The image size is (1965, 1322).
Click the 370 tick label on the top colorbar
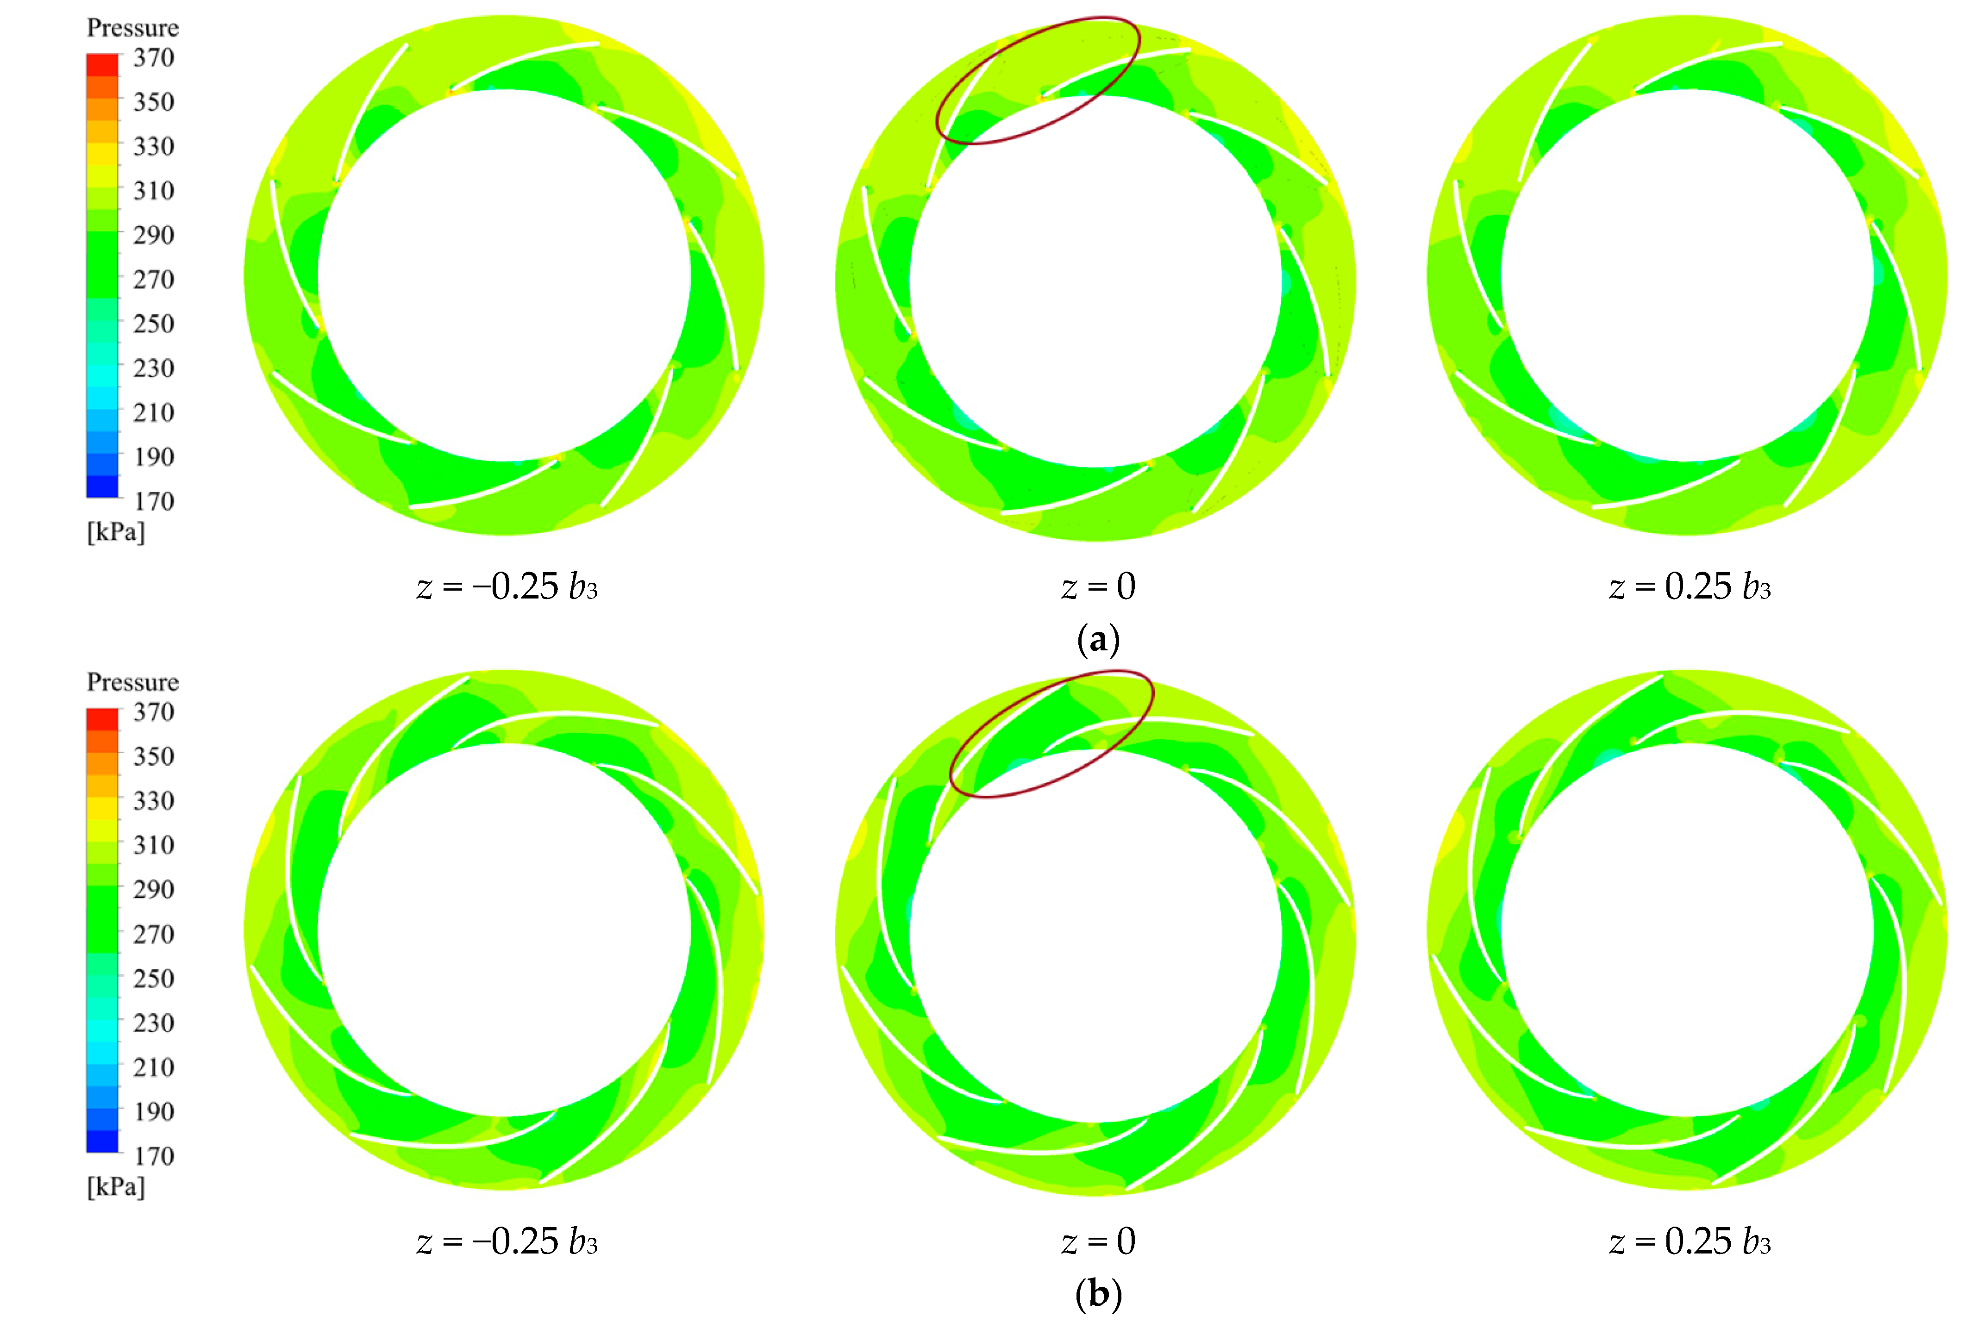(154, 58)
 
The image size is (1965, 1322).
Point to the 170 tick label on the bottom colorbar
(154, 1156)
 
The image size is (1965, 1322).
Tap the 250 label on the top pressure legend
(154, 324)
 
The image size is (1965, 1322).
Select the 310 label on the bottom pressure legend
(154, 845)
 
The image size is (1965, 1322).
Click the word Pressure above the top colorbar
(132, 28)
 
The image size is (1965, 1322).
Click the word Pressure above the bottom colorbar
(132, 682)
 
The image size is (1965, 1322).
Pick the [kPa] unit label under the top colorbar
(116, 532)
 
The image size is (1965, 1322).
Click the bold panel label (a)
(1098, 640)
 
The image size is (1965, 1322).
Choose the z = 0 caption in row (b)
(1098, 1241)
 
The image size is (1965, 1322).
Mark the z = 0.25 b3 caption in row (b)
(1689, 1241)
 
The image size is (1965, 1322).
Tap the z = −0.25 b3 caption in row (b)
(507, 1241)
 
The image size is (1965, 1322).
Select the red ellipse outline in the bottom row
(1152, 696)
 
